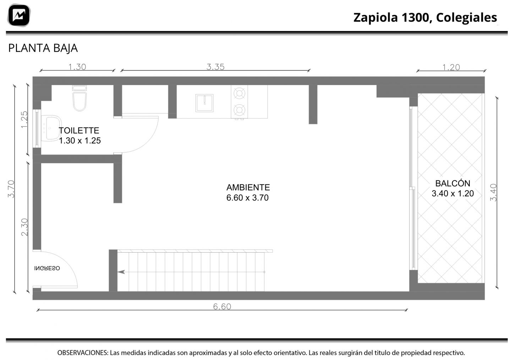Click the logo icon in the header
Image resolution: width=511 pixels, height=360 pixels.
(19, 15)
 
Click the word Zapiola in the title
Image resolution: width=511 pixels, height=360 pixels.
(375, 17)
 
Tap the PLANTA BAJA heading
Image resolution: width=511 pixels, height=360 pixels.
(43, 48)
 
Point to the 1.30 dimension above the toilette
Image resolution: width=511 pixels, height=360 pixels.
(77, 67)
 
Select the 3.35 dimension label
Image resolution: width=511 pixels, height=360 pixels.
(215, 67)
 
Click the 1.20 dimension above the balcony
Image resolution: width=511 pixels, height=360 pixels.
(451, 67)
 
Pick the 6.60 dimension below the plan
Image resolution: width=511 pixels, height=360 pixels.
(222, 307)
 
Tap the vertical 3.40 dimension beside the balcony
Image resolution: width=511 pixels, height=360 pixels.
(493, 193)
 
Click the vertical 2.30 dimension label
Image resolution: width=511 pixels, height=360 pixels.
(24, 227)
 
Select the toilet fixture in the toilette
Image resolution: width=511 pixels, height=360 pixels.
(79, 98)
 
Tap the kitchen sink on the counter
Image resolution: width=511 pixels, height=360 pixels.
(204, 103)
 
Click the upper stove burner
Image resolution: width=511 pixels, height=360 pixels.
(239, 93)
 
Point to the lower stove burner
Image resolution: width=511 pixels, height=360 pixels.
(239, 110)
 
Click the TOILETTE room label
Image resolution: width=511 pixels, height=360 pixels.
(79, 131)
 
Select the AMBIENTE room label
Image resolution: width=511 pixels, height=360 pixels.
(248, 187)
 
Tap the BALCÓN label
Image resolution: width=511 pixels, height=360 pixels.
(453, 183)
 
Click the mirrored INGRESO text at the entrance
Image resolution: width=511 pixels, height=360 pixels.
(47, 268)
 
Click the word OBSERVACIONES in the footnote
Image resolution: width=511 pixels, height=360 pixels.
(83, 353)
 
